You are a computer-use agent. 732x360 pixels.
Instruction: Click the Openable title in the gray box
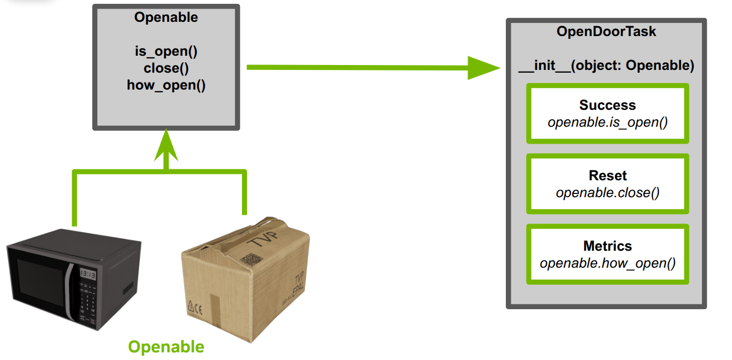166,17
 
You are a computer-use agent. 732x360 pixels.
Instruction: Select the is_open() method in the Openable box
166,52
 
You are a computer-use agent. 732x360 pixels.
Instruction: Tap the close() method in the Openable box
166,68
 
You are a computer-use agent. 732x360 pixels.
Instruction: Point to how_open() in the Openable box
166,85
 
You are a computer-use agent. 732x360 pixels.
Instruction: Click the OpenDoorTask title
606,32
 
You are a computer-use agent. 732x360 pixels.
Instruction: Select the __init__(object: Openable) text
606,66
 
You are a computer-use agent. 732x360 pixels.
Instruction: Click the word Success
607,105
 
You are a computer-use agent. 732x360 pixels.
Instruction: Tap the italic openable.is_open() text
607,122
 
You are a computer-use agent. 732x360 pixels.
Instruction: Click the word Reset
607,176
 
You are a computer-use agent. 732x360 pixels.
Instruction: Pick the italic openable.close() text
607,193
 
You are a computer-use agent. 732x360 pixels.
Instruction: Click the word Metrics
607,246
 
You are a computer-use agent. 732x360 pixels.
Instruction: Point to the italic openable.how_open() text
607,263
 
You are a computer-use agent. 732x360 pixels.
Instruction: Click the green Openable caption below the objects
166,347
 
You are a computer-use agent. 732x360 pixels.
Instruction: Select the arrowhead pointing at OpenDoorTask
483,67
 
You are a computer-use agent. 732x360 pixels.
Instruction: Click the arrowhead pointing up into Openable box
166,145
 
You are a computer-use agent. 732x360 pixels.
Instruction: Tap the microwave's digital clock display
87,273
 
